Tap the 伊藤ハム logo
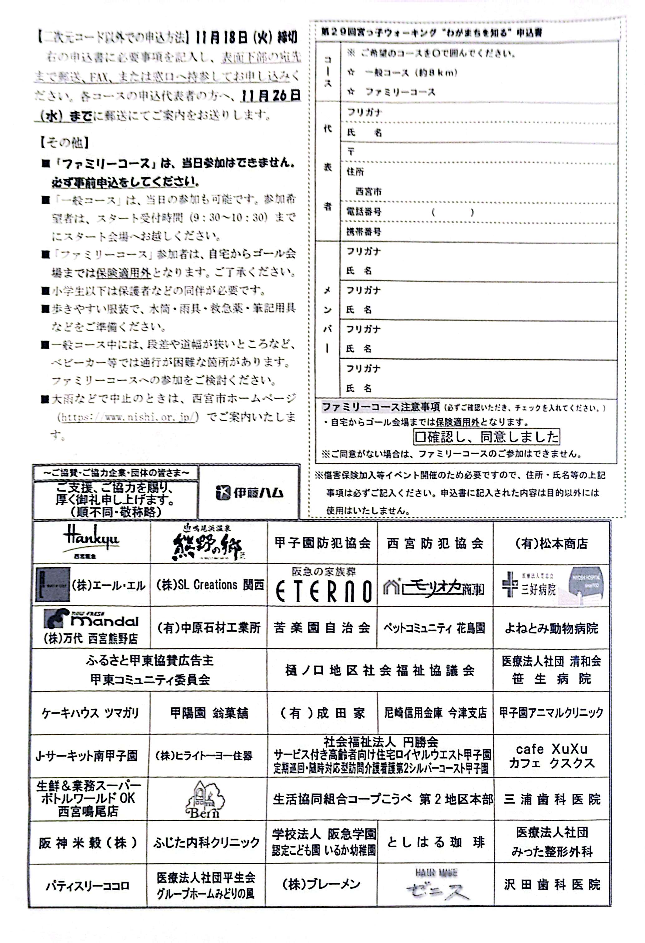click(x=249, y=492)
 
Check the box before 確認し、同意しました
click(x=420, y=437)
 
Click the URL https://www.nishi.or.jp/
click(x=128, y=416)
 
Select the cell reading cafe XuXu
click(x=552, y=755)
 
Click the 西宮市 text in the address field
click(x=368, y=192)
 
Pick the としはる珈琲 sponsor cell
click(x=436, y=843)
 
